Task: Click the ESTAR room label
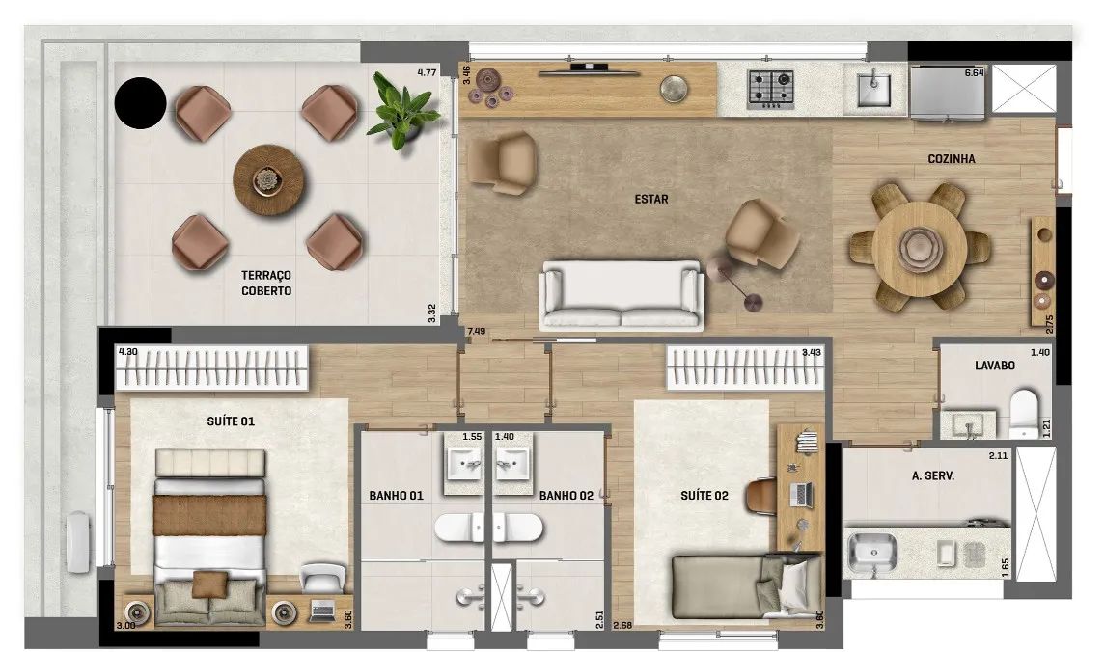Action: [651, 200]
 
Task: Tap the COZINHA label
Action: [952, 159]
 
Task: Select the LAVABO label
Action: [994, 366]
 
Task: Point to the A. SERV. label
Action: [933, 475]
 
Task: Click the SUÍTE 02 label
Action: [704, 496]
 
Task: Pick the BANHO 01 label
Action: [396, 496]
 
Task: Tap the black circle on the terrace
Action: [140, 103]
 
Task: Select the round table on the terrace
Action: [268, 180]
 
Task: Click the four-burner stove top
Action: [771, 90]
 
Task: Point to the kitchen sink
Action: [873, 90]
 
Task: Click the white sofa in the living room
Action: [622, 296]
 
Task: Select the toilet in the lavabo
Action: [1024, 415]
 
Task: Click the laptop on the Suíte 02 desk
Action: [801, 494]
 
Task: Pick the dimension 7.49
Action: [476, 331]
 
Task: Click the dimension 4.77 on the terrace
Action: [428, 71]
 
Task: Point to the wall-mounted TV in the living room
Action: [589, 68]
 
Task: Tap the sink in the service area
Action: [872, 552]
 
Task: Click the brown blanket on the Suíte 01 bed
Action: [210, 515]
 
